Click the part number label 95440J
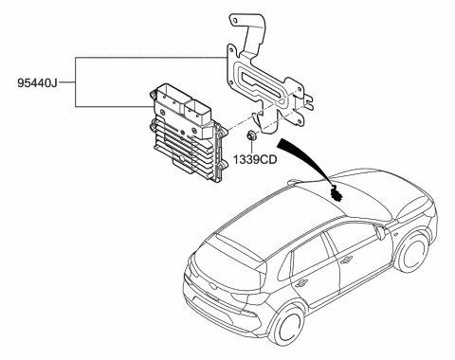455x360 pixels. click(x=37, y=82)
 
